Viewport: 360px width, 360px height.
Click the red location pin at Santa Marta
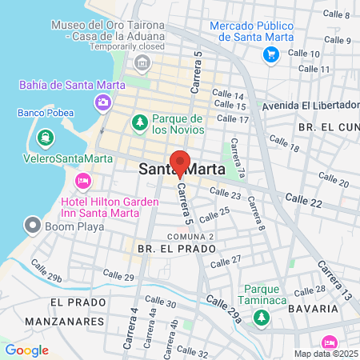180,162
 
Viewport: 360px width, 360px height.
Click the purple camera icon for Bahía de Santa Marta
103,102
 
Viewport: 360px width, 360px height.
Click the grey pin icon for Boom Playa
32,225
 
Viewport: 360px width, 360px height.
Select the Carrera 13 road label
334,280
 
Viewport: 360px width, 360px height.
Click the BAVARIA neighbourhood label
320,308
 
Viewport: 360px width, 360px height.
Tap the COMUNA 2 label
190,237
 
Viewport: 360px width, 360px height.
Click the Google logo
26,350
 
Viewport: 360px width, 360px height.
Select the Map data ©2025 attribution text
326,354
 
